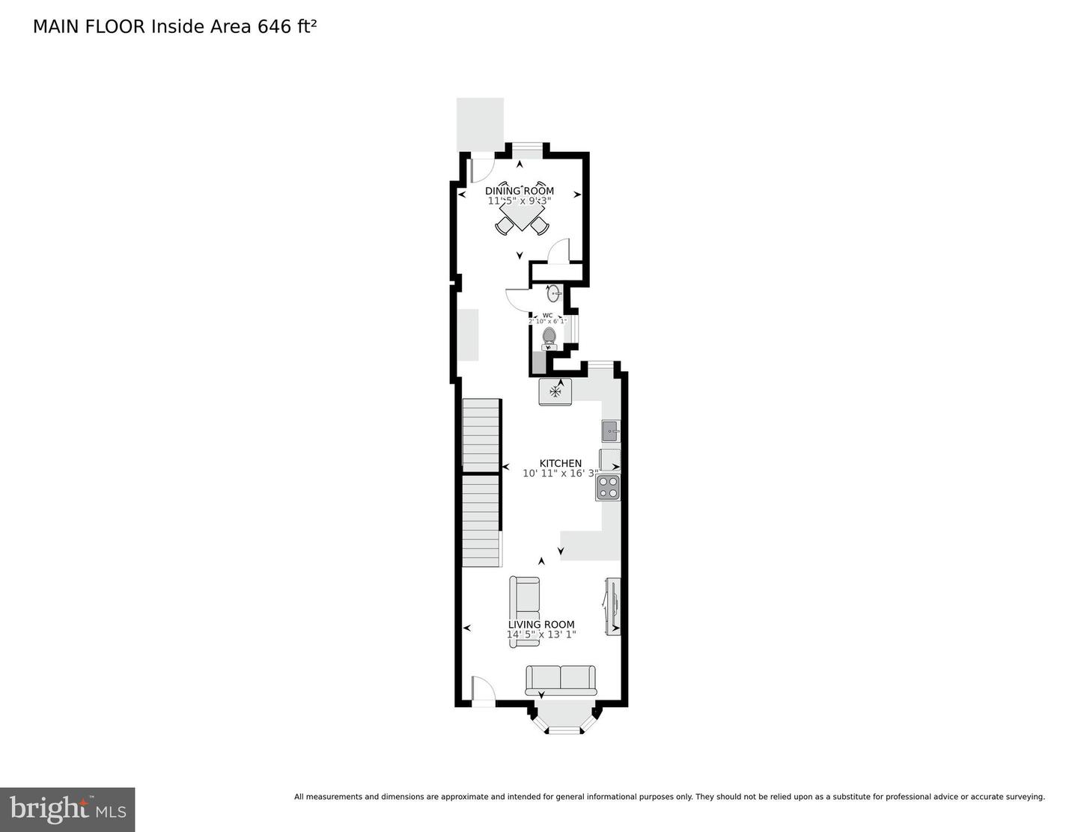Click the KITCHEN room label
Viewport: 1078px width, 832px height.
point(560,463)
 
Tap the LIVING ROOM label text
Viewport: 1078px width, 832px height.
point(541,625)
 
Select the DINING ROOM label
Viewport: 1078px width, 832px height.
point(520,191)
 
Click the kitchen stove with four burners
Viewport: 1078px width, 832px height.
point(608,487)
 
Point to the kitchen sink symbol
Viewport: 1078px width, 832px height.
point(610,431)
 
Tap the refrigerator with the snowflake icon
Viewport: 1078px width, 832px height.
point(555,391)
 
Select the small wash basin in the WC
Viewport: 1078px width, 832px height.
point(554,293)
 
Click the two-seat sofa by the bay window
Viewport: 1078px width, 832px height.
point(561,679)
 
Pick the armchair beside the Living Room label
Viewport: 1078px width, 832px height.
point(523,599)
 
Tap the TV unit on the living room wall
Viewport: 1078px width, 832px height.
point(613,605)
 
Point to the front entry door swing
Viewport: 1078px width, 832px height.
point(482,689)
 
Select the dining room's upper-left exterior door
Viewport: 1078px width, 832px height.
point(482,169)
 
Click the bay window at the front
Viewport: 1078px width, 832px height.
point(564,721)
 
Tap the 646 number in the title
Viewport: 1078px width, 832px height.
point(274,27)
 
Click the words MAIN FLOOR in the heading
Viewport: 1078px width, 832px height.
point(90,27)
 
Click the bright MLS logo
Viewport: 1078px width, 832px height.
point(67,810)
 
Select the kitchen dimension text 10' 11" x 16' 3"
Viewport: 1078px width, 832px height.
point(560,474)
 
